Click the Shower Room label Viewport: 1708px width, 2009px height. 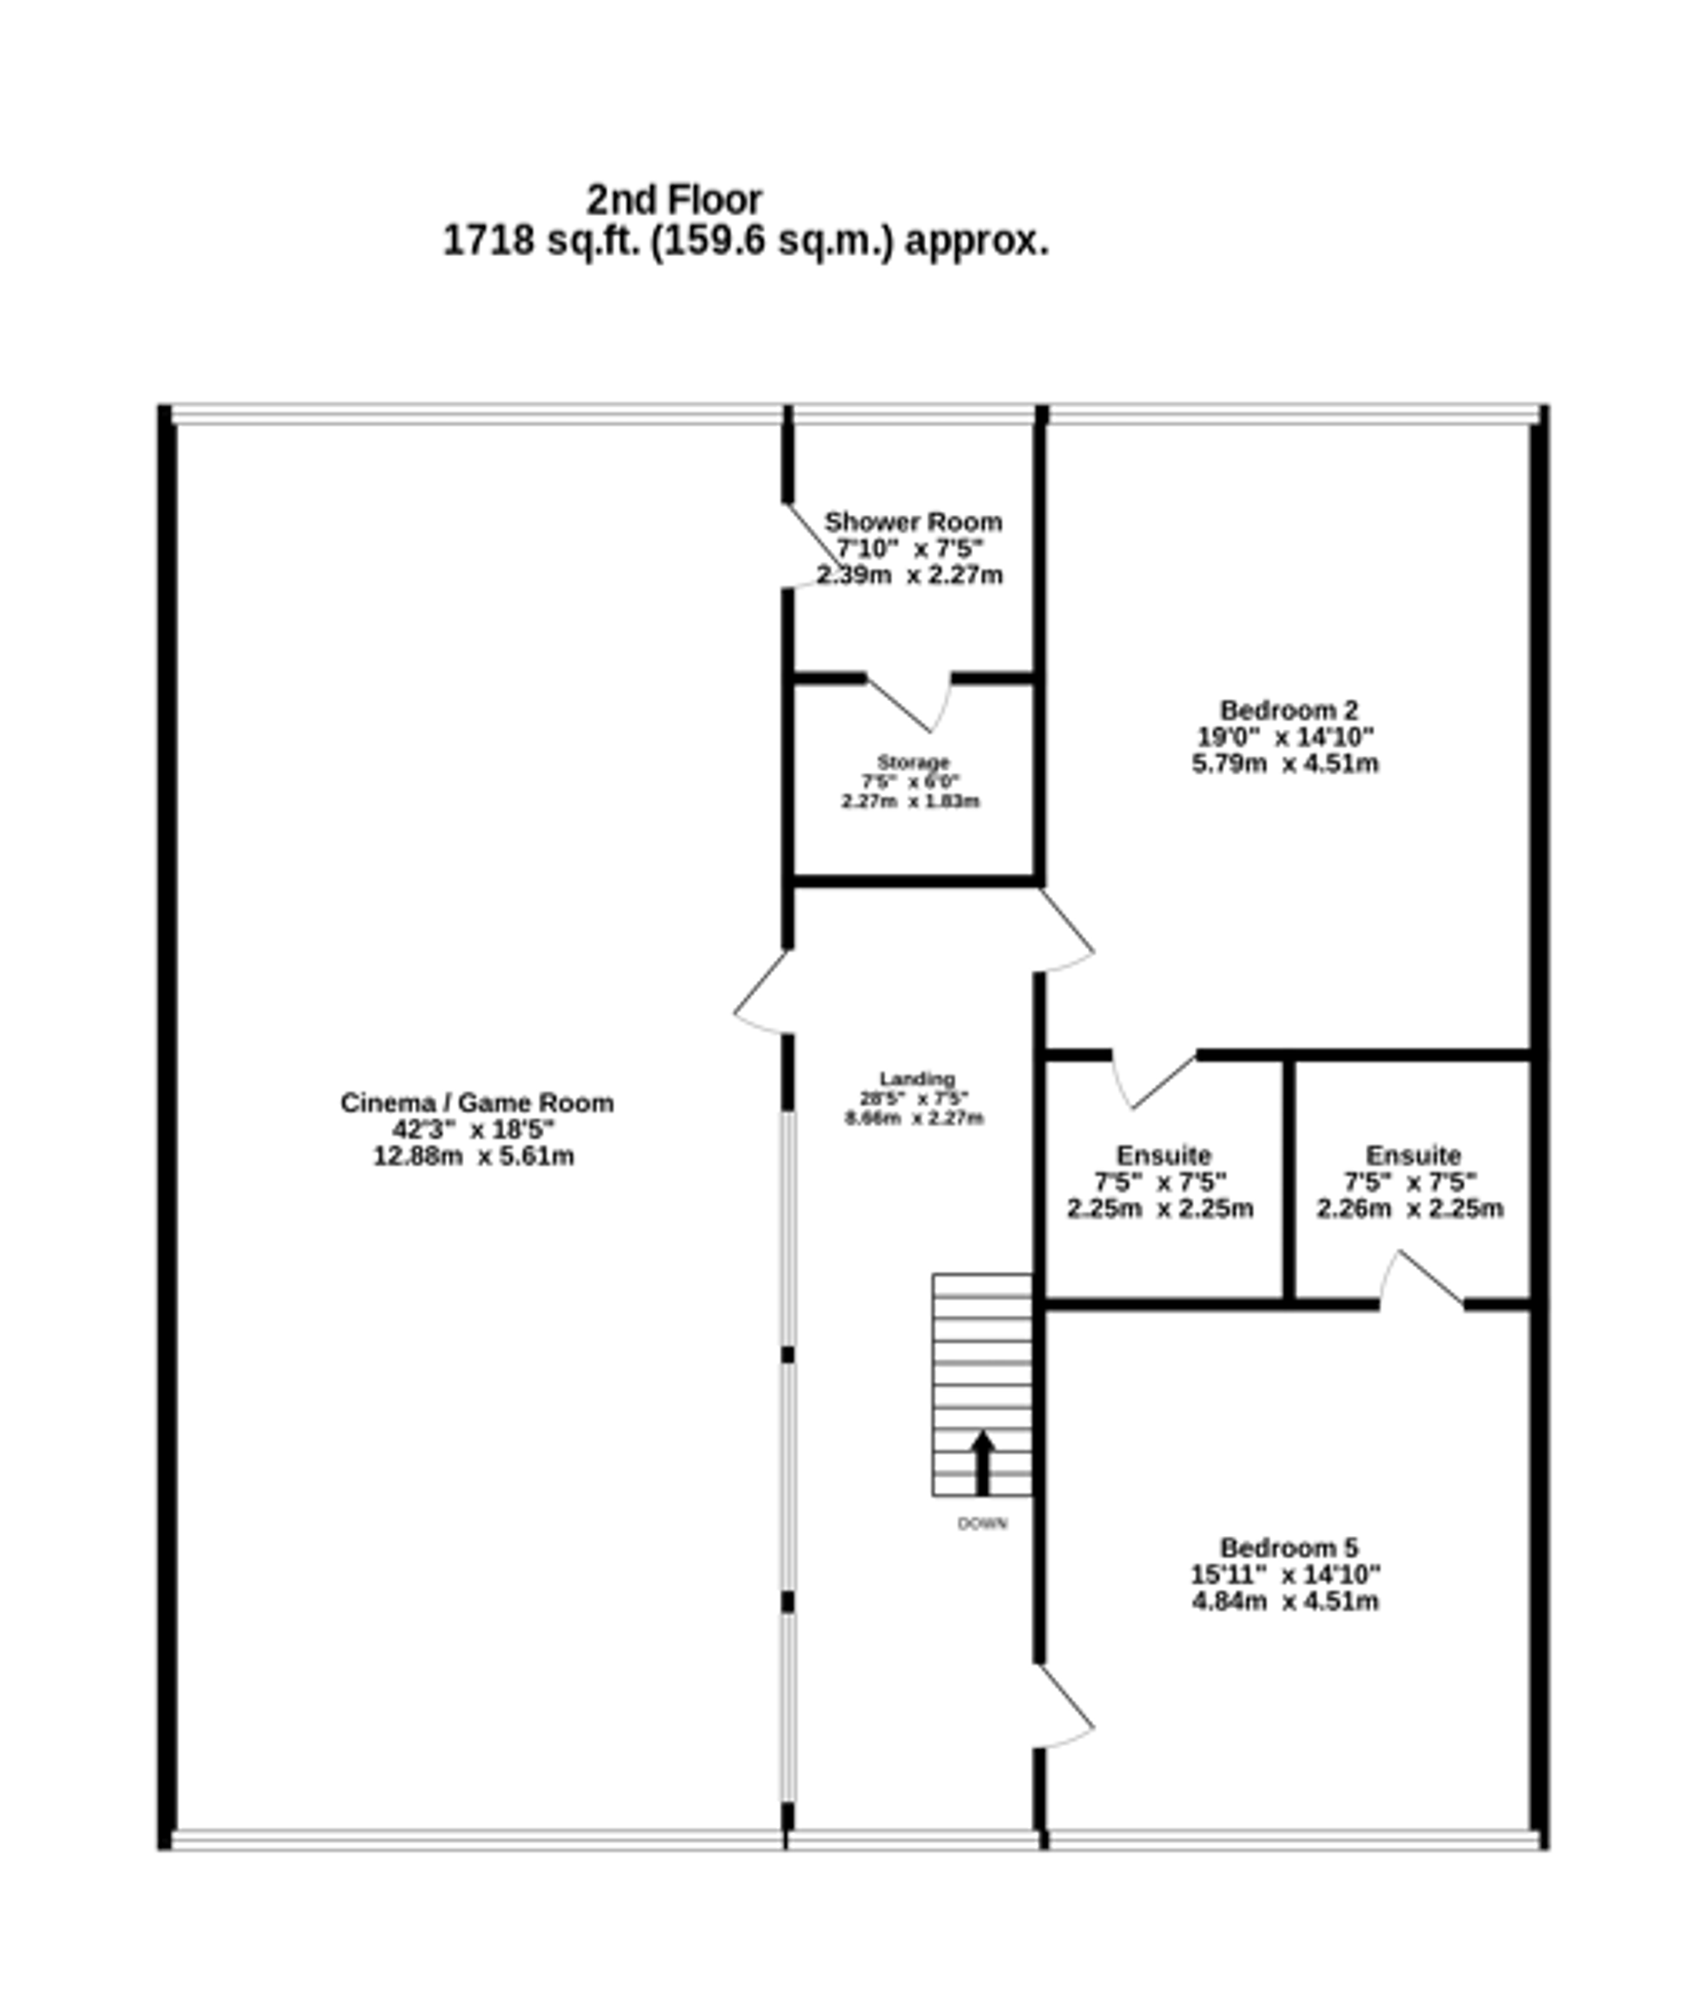click(x=912, y=522)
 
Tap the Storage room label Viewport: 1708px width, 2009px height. click(x=913, y=762)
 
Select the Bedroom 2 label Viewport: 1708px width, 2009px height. click(x=1288, y=710)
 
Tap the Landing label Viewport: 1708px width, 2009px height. click(x=916, y=1078)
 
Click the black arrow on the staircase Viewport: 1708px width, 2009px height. click(x=982, y=1462)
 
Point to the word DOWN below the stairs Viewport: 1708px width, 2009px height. click(x=982, y=1524)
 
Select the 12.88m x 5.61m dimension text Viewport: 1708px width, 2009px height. click(x=473, y=1156)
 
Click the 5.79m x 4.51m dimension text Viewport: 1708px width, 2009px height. click(x=1285, y=763)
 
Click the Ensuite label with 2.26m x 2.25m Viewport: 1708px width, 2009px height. click(x=1413, y=1155)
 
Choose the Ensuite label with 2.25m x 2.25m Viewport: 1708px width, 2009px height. click(x=1163, y=1155)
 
